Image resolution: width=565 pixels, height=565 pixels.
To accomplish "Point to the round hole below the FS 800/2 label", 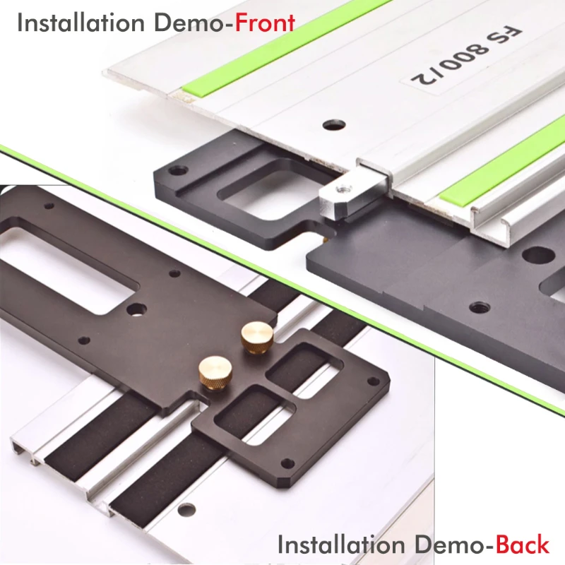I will click(334, 125).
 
